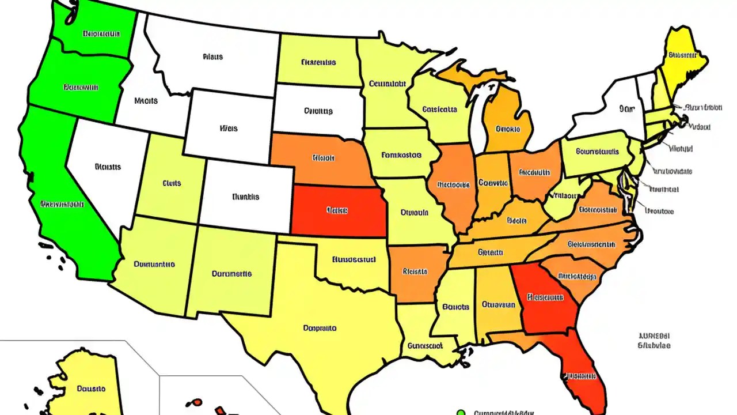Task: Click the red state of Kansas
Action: click(x=339, y=211)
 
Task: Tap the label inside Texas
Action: click(x=320, y=329)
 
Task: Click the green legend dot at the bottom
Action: click(x=460, y=412)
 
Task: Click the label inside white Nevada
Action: click(x=108, y=167)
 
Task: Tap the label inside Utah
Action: click(x=172, y=183)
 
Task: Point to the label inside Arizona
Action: click(x=154, y=265)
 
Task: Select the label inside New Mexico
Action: click(x=231, y=274)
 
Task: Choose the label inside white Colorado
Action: click(x=246, y=197)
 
